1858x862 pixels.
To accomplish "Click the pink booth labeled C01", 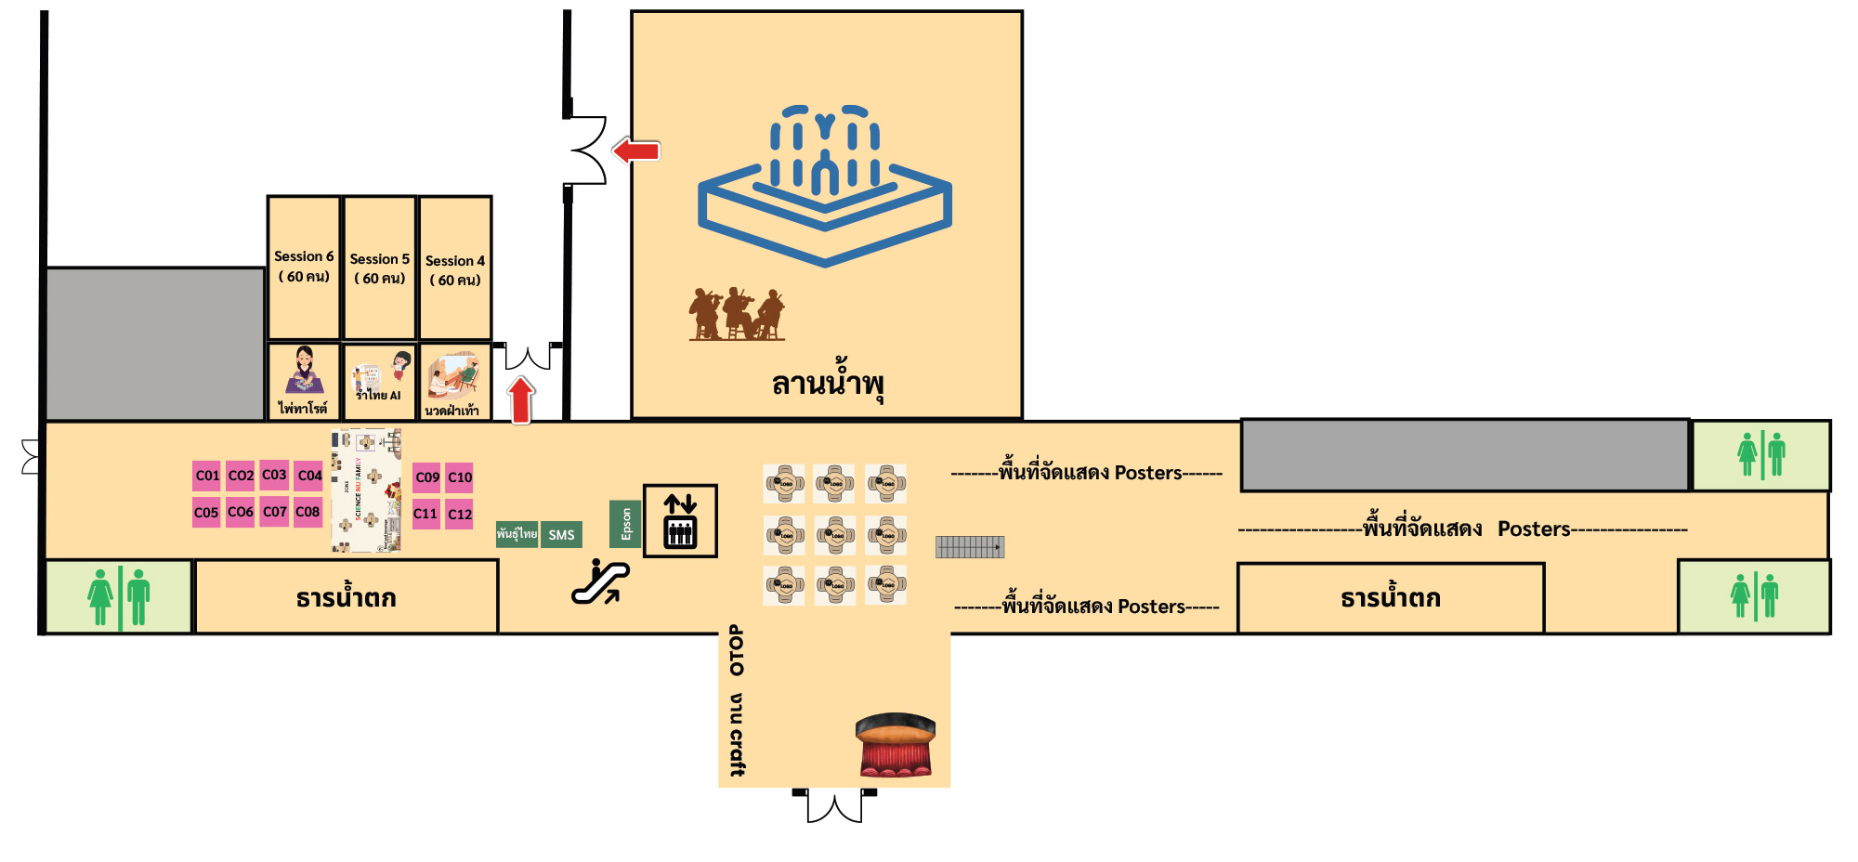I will pyautogui.click(x=206, y=476).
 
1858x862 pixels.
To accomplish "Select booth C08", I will pyautogui.click(x=307, y=512).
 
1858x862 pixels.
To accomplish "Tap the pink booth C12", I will pyautogui.click(x=460, y=514).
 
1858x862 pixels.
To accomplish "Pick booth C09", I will pyautogui.click(x=426, y=477).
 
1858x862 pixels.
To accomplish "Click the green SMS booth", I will pyautogui.click(x=561, y=535).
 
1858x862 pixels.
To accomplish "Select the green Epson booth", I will pyautogui.click(x=625, y=524).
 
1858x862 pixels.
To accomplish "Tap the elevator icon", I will pyautogui.click(x=680, y=521).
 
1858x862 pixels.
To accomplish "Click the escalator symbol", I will pyautogui.click(x=600, y=581).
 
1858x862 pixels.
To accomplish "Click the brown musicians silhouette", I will pyautogui.click(x=737, y=313).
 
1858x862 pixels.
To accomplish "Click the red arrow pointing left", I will pyautogui.click(x=636, y=150).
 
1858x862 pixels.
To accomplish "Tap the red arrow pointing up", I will pyautogui.click(x=521, y=399).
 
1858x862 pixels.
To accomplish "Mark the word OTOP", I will pyautogui.click(x=737, y=650).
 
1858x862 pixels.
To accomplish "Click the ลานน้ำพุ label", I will pyautogui.click(x=827, y=384).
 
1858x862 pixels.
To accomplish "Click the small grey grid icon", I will pyautogui.click(x=969, y=547).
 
